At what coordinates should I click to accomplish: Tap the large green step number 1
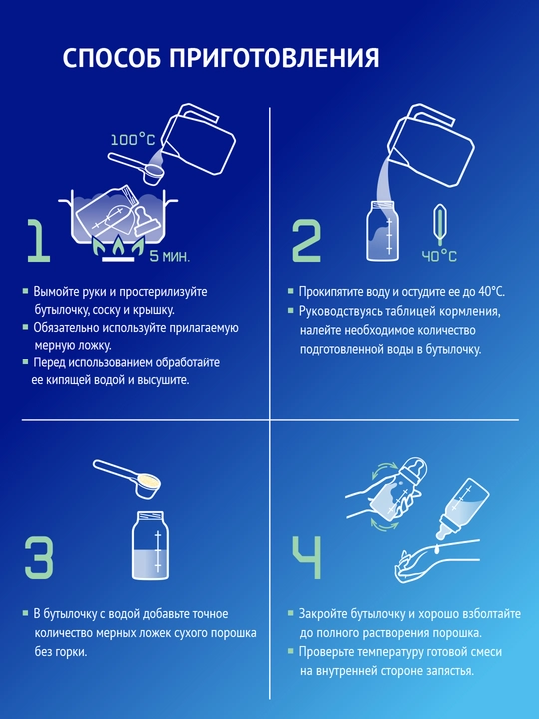(39, 241)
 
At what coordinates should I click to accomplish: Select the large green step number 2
(307, 241)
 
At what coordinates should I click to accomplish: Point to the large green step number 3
(39, 557)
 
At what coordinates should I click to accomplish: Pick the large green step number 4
(307, 557)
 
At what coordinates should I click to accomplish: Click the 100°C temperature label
(133, 139)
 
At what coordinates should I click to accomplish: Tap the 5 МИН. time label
(169, 256)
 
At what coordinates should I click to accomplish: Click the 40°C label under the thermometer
(439, 256)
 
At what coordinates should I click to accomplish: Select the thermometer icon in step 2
(440, 225)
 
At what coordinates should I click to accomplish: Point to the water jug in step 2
(431, 145)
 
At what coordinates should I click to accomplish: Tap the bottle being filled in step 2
(382, 231)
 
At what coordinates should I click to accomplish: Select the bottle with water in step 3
(150, 545)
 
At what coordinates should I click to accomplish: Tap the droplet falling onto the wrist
(438, 547)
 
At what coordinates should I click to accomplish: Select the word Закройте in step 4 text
(323, 613)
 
